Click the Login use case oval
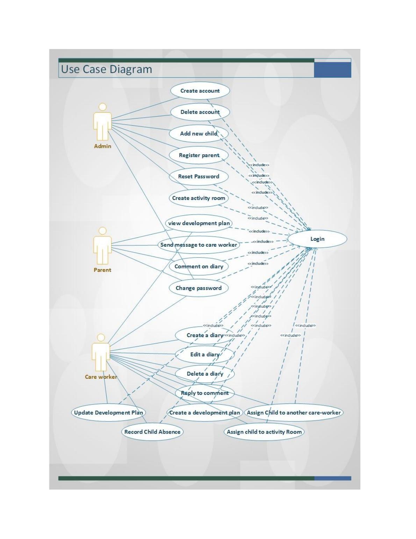pyautogui.click(x=317, y=239)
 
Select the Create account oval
pyautogui.click(x=200, y=91)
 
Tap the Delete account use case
pyautogui.click(x=200, y=112)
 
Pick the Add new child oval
pyautogui.click(x=199, y=133)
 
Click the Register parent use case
pyautogui.click(x=199, y=155)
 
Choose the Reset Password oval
pyautogui.click(x=199, y=176)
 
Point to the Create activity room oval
pyautogui.click(x=199, y=198)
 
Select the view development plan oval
pyautogui.click(x=199, y=223)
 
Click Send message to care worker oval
pyautogui.click(x=199, y=245)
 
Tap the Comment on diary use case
pyautogui.click(x=199, y=266)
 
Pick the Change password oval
pyautogui.click(x=199, y=288)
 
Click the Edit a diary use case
pyautogui.click(x=205, y=354)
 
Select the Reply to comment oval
pyautogui.click(x=205, y=393)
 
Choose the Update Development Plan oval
pyautogui.click(x=108, y=412)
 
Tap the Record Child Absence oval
pyautogui.click(x=152, y=432)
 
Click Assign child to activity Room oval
pyautogui.click(x=264, y=432)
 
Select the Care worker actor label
pyautogui.click(x=101, y=377)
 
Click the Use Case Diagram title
pyautogui.click(x=107, y=69)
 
